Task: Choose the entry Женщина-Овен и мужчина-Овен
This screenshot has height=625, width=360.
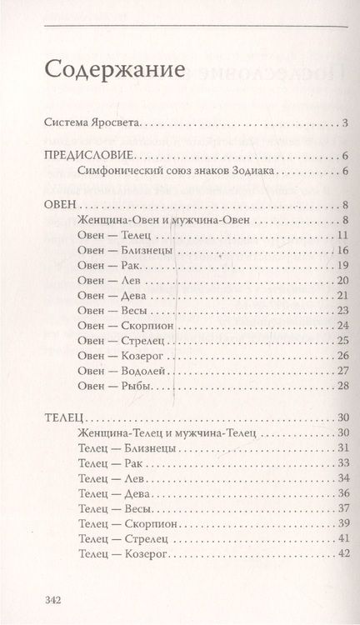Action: pos(152,221)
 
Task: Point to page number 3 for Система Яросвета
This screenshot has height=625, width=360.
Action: pos(344,126)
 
